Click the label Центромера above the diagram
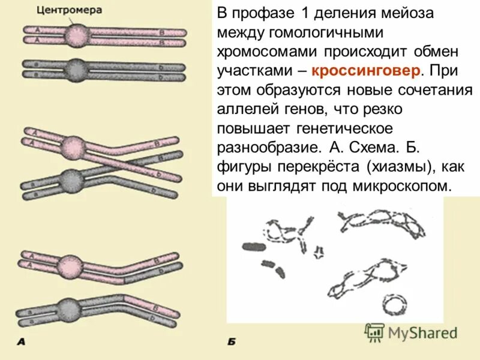coord(69,10)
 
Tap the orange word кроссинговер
coord(358,71)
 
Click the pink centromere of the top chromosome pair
coord(76,35)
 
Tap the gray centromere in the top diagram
coord(76,67)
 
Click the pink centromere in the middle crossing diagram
coord(74,146)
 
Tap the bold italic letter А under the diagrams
coord(21,343)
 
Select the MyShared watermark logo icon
coord(375,332)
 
